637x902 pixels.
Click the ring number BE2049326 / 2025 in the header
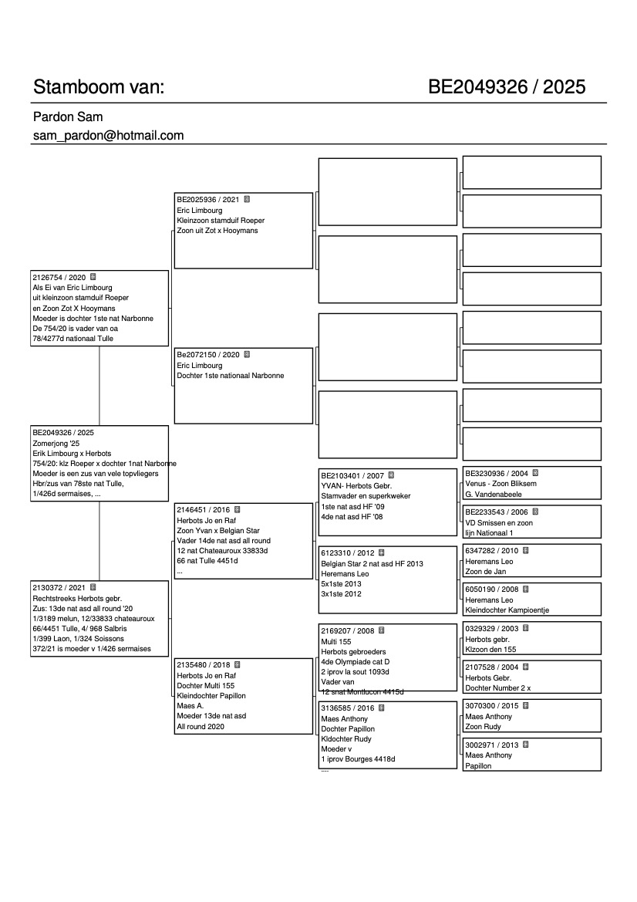pos(507,87)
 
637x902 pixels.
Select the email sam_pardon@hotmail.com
pos(108,136)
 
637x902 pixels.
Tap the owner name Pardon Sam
pos(68,117)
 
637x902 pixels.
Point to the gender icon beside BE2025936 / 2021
pos(247,199)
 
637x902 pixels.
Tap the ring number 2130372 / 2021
pos(59,588)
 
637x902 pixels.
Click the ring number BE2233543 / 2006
pos(497,512)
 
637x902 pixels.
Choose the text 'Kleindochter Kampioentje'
pos(507,610)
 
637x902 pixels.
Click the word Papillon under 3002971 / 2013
pos(478,766)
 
